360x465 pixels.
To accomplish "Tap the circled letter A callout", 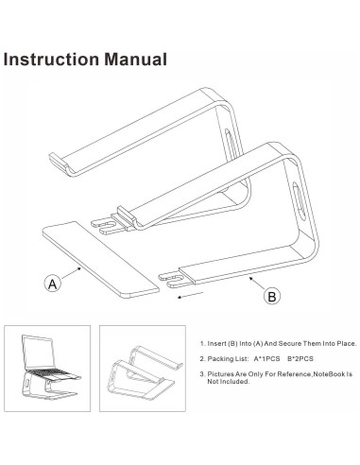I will [x=53, y=282].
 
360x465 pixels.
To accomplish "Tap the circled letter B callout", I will [x=272, y=296].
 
